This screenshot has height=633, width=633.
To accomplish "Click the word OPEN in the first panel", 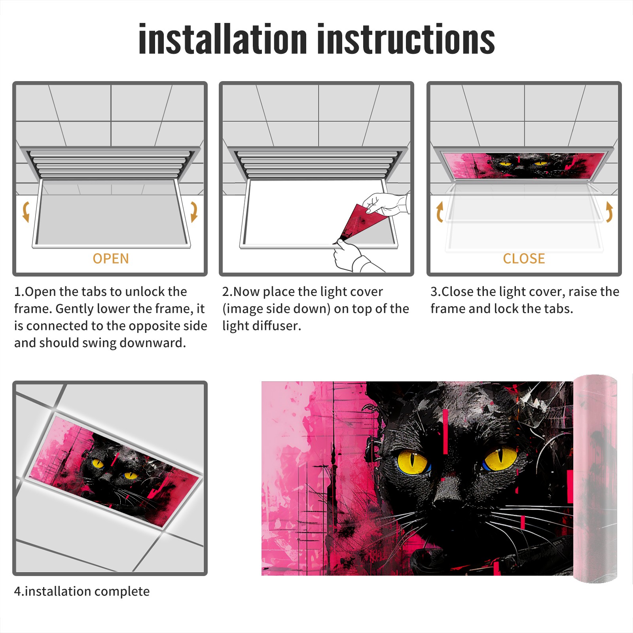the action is click(111, 258).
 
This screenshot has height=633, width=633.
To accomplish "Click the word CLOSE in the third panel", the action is click(524, 258).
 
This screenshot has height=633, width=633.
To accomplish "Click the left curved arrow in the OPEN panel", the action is click(26, 212).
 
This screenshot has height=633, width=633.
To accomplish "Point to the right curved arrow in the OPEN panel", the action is click(194, 212).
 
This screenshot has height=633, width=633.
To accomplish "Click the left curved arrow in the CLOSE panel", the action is click(440, 212).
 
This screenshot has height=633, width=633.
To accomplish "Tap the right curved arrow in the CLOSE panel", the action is click(609, 212).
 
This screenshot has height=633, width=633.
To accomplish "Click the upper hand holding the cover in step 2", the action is click(386, 204).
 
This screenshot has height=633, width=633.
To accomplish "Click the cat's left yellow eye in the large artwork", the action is click(412, 462).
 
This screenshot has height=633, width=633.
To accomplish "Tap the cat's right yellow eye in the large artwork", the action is click(500, 459).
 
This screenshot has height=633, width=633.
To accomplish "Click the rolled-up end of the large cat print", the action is click(595, 479).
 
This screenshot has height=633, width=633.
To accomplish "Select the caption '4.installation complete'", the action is click(82, 591).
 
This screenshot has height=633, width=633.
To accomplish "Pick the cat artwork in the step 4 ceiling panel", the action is click(114, 471).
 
